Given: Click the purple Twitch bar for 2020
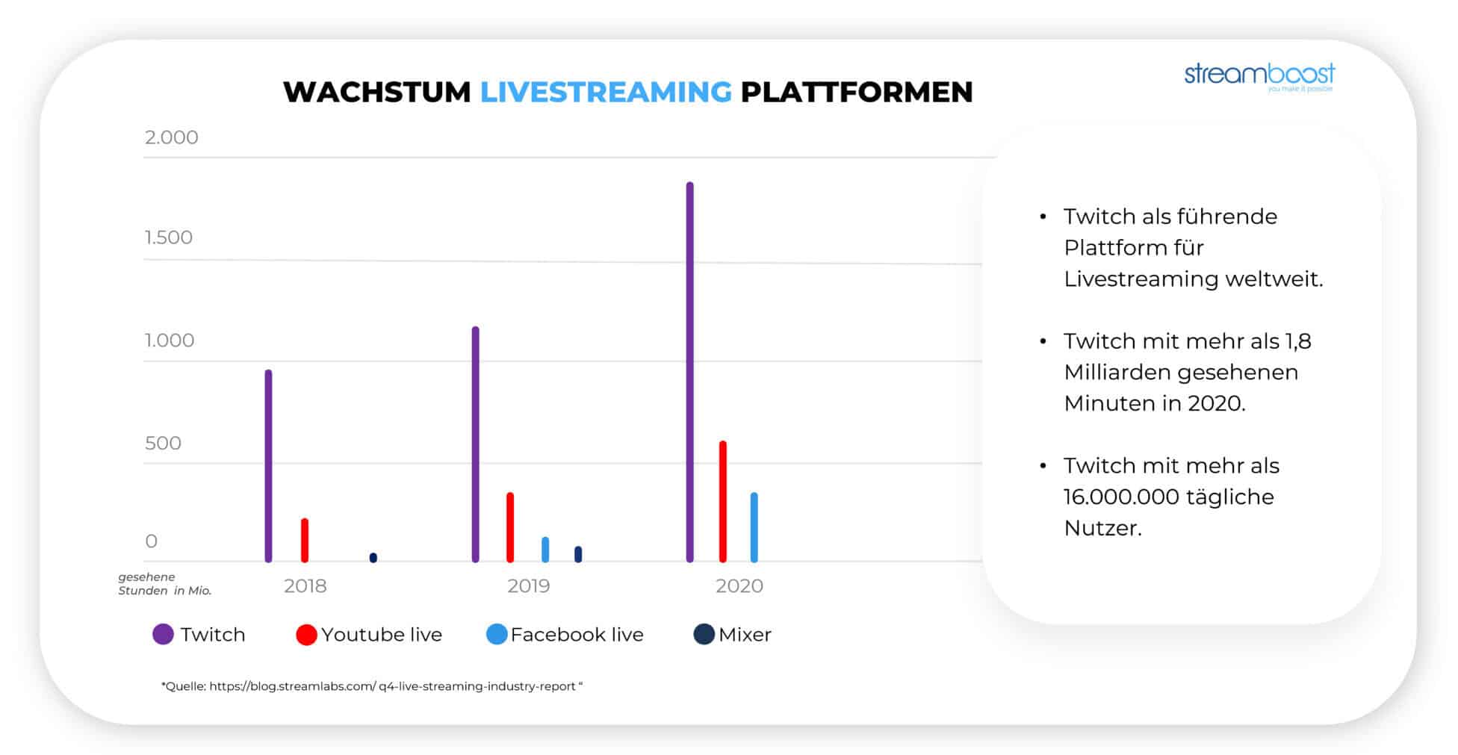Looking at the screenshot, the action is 689,372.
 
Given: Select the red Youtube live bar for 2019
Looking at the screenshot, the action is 510,527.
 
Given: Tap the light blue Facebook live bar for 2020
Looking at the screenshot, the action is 754,527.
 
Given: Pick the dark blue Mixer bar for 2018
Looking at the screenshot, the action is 373,558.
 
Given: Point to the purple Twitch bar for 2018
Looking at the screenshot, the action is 268,466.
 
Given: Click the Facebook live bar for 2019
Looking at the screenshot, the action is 545,550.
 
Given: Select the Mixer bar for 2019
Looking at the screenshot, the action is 578,554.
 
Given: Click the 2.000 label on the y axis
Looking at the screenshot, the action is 172,137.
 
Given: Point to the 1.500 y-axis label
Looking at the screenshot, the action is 169,237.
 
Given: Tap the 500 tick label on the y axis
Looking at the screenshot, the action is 163,443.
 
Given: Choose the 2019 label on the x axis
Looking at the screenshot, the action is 529,585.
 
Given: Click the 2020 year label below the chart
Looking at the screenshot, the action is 739,585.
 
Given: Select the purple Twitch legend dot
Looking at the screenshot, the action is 163,634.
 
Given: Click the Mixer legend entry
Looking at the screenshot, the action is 733,634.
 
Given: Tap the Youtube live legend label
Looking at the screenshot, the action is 382,634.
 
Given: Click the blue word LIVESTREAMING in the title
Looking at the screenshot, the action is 606,92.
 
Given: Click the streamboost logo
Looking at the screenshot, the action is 1259,77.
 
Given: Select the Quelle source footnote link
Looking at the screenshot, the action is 372,686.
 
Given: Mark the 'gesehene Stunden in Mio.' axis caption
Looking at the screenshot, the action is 165,583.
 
